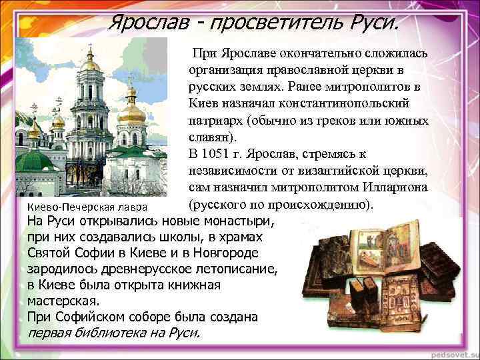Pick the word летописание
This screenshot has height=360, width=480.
pyautogui.click(x=227, y=269)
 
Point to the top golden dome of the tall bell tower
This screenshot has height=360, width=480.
pyautogui.click(x=91, y=63)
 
